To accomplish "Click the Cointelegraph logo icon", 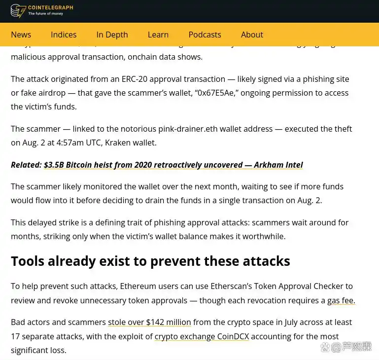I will pyautogui.click(x=18, y=11).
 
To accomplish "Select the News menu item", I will pyautogui.click(x=21, y=35).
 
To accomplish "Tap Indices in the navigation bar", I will pyautogui.click(x=64, y=35).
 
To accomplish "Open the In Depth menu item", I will pyautogui.click(x=112, y=35).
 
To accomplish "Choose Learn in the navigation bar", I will pyautogui.click(x=158, y=35).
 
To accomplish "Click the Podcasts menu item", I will pyautogui.click(x=205, y=35).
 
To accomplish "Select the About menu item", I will pyautogui.click(x=252, y=35).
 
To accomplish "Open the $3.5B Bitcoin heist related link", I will pyautogui.click(x=173, y=165).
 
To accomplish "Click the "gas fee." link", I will pyautogui.click(x=341, y=300).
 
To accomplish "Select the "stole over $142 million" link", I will pyautogui.click(x=149, y=322).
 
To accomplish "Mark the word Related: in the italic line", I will pyautogui.click(x=26, y=165).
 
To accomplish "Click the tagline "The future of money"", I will pyautogui.click(x=46, y=14).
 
